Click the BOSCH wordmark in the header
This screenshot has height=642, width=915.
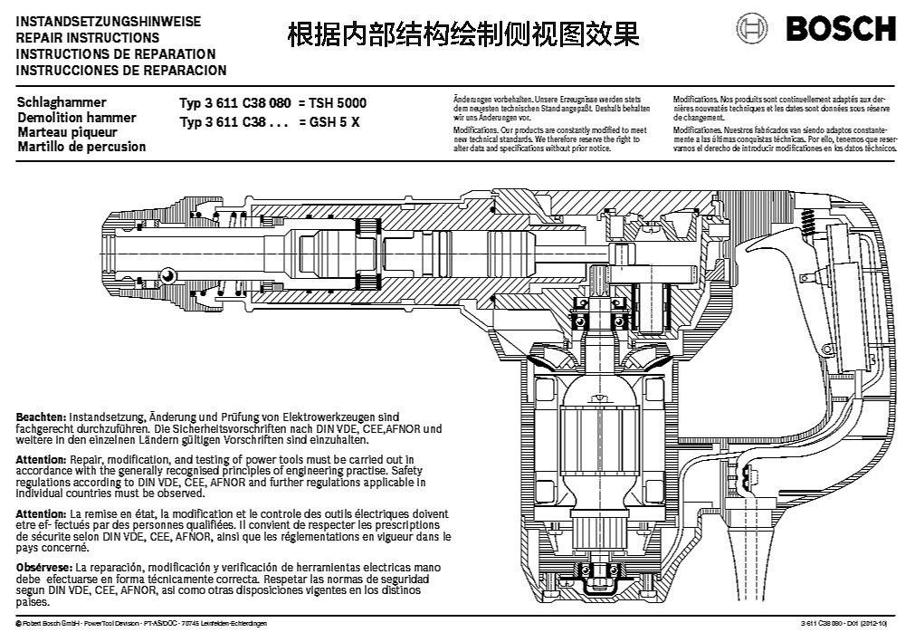click(x=841, y=29)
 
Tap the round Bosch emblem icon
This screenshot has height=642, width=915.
click(x=753, y=29)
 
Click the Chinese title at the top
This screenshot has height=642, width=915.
click(x=462, y=34)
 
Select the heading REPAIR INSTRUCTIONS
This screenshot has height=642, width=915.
click(x=88, y=38)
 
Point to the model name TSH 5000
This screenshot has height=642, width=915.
click(x=338, y=103)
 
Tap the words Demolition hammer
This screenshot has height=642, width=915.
click(x=77, y=118)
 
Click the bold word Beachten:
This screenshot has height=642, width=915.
click(x=42, y=416)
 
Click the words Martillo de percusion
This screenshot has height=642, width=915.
click(x=81, y=147)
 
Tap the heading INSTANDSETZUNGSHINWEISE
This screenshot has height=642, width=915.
click(x=109, y=21)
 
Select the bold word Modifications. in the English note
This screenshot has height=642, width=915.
click(x=474, y=130)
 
